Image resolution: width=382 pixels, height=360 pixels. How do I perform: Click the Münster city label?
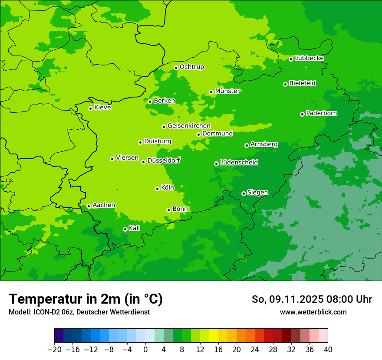click(x=227, y=91)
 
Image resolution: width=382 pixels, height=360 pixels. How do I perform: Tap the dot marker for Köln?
click(x=157, y=189)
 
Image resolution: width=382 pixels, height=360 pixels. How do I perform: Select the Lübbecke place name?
click(x=309, y=58)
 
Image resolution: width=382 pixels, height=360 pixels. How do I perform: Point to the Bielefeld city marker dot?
click(x=285, y=84)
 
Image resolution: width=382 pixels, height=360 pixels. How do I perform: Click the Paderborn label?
click(x=321, y=113)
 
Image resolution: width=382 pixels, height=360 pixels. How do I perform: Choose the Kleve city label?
click(x=102, y=108)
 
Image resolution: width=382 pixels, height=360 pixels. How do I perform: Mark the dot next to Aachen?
click(x=89, y=206)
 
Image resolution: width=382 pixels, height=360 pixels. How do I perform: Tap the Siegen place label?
click(x=257, y=193)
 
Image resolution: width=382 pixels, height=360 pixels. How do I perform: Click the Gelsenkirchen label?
click(x=189, y=126)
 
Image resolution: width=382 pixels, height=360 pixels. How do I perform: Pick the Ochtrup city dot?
click(x=176, y=68)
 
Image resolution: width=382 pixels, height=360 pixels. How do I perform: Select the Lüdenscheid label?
click(x=239, y=163)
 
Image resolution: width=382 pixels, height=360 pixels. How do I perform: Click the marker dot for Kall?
click(x=125, y=229)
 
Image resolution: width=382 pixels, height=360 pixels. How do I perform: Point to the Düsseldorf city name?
click(x=164, y=160)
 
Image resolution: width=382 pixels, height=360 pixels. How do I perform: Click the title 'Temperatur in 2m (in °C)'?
click(x=86, y=299)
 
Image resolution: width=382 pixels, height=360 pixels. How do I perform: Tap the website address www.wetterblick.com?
click(x=313, y=312)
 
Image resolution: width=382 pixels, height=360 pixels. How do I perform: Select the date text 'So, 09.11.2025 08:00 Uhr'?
click(x=312, y=299)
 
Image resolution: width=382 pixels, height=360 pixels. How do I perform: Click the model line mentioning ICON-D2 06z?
click(x=79, y=312)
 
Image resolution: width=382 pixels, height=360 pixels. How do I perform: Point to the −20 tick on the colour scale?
click(x=55, y=350)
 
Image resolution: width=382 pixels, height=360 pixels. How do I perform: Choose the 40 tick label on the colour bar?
click(x=328, y=350)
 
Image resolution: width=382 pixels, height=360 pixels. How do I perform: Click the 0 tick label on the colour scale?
click(x=145, y=350)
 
